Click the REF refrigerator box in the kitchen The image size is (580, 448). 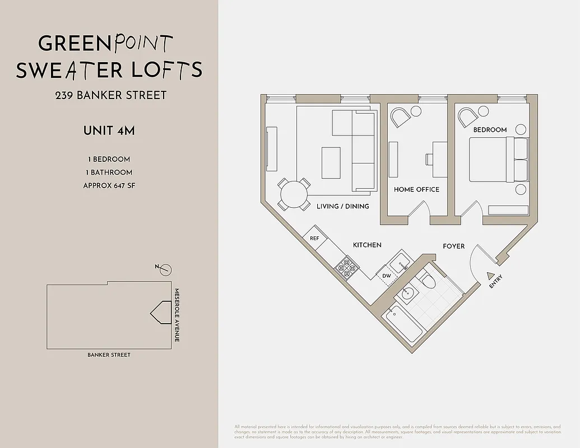coord(314,238)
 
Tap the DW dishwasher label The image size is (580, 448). coord(387,276)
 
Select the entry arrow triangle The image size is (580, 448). coord(491,276)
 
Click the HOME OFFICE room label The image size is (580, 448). coord(416,190)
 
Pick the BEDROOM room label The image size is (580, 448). coord(490,130)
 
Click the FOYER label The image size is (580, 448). coord(453,246)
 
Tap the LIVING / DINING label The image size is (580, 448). coord(342,206)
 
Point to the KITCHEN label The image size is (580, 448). coord(367,245)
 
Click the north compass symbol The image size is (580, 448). coord(165,270)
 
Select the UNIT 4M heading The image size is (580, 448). coord(109,131)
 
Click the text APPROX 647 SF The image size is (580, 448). coord(109,186)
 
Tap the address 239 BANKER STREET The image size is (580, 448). coord(110,95)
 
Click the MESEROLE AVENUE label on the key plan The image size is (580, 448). coord(177,315)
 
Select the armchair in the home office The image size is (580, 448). coord(401,118)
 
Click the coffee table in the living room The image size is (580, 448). coord(331,162)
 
